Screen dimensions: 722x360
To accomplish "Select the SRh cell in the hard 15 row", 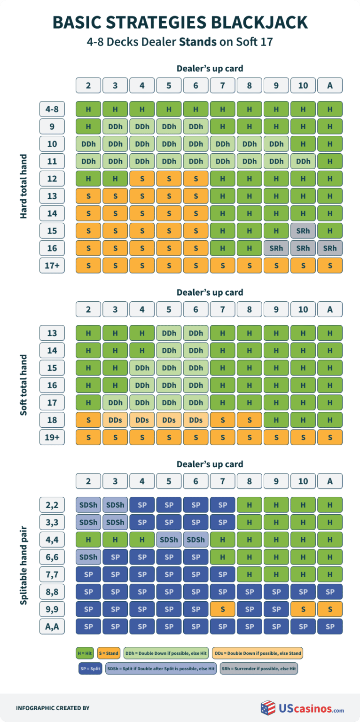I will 303,230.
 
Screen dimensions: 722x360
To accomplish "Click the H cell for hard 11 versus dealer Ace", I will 330,161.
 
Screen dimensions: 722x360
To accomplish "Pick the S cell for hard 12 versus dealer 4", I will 142,179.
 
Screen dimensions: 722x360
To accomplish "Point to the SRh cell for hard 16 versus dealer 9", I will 276,248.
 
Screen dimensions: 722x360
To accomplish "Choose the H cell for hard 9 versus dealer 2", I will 88,126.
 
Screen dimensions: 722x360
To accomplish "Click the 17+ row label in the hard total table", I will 52,265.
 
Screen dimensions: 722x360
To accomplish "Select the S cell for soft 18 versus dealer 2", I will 88,420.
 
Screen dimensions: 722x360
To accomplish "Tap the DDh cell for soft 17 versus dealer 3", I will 115,402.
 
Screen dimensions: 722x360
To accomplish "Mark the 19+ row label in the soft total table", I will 52,437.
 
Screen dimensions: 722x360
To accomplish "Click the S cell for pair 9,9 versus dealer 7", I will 223,609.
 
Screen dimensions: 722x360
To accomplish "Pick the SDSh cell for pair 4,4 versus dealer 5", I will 169,540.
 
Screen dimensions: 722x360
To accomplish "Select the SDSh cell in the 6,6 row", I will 88,557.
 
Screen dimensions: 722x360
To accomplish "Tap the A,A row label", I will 52,627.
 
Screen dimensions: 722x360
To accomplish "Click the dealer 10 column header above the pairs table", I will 303,481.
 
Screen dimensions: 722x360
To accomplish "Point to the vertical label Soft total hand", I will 24,385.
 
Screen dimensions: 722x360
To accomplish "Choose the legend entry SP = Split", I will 90,668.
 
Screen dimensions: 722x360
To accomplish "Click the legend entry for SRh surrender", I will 259,668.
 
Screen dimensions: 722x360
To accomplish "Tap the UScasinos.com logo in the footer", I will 303,708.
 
